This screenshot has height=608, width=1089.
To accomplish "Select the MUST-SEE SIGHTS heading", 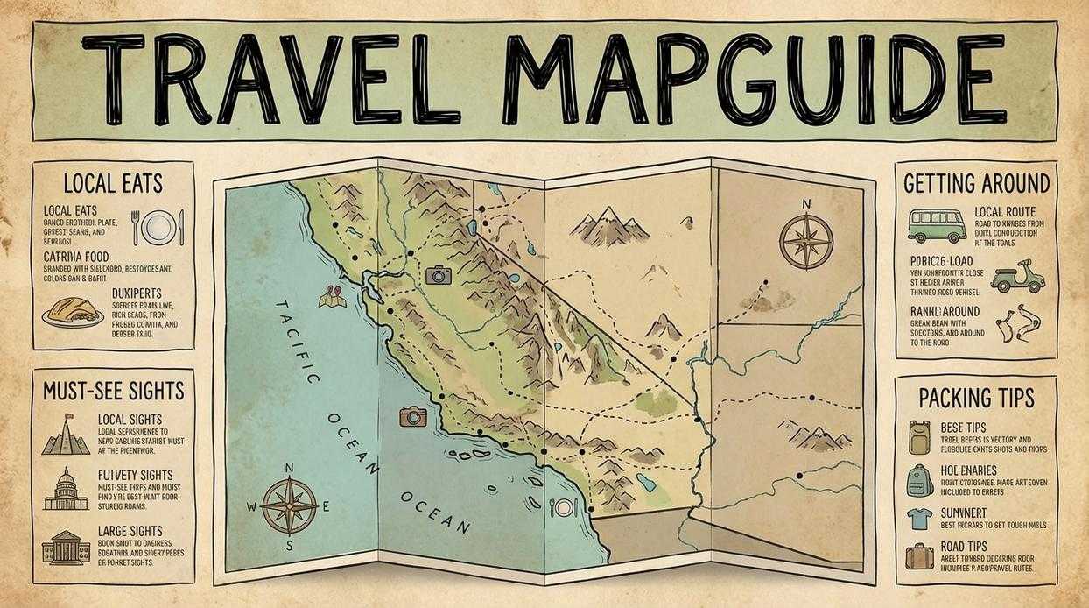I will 113,390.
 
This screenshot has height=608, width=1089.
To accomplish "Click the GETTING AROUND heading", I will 976,183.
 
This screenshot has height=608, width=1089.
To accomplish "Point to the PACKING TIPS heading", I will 976,399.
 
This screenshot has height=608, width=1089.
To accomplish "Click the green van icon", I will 936,225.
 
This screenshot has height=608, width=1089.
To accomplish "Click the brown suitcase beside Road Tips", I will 919,556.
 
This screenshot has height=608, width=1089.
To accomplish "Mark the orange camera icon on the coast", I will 412,416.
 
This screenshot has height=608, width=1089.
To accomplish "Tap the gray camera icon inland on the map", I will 438,276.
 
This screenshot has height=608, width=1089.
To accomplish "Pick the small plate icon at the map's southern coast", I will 562,507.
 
